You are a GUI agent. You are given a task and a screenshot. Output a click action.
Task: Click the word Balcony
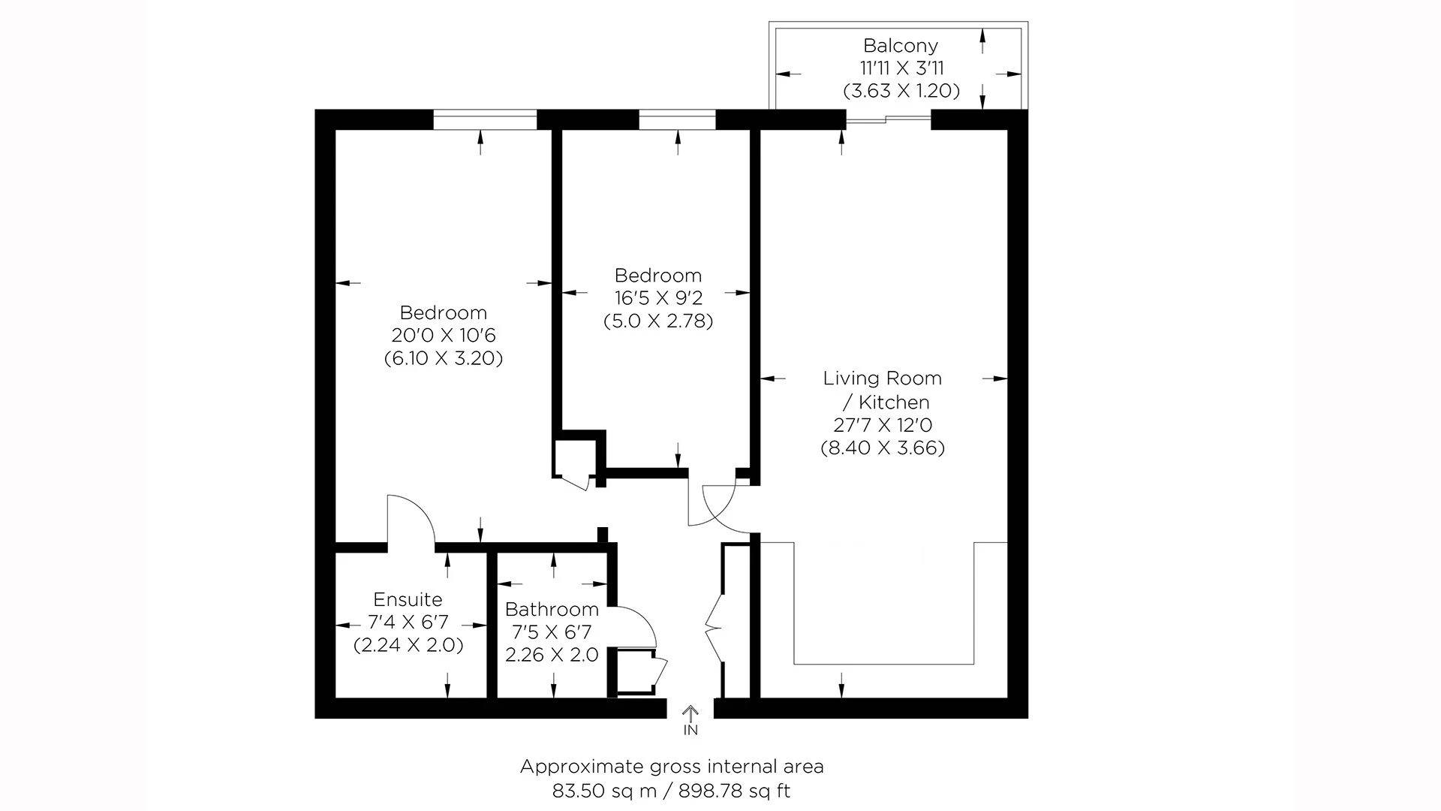[x=900, y=46]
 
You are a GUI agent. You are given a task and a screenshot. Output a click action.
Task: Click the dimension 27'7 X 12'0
[x=882, y=425]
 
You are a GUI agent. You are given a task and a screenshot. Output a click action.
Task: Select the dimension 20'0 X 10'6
[x=443, y=335]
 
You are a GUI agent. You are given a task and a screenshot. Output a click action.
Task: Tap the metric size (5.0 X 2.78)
[x=658, y=321]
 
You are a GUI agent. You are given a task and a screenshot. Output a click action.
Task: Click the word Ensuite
[x=408, y=599]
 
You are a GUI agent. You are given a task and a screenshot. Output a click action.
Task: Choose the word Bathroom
[x=552, y=609]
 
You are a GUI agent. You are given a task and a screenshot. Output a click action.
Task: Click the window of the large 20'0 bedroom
[x=485, y=119]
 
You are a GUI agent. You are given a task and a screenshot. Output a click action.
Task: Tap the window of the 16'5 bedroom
[x=677, y=119]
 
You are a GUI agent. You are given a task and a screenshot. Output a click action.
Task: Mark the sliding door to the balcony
[x=889, y=119]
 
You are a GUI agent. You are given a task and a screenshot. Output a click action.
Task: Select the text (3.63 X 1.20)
[x=901, y=91]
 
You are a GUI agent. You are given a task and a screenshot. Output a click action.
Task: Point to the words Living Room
[x=882, y=378]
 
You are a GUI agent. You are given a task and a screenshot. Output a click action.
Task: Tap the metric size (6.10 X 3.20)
[x=443, y=358]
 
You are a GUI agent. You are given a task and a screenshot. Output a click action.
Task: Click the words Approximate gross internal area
[x=672, y=767]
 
